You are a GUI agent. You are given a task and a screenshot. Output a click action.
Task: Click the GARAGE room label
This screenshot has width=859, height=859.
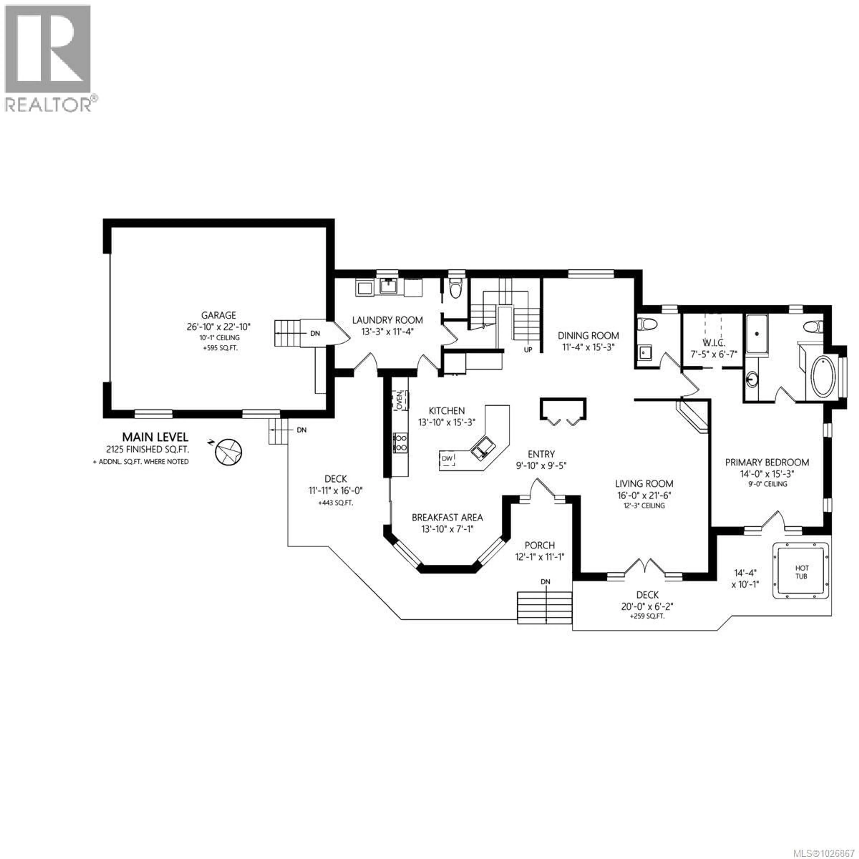click(218, 315)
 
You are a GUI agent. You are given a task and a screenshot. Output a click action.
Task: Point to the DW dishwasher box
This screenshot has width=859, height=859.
click(447, 458)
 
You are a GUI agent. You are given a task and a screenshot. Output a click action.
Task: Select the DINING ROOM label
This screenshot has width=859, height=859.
click(588, 336)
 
